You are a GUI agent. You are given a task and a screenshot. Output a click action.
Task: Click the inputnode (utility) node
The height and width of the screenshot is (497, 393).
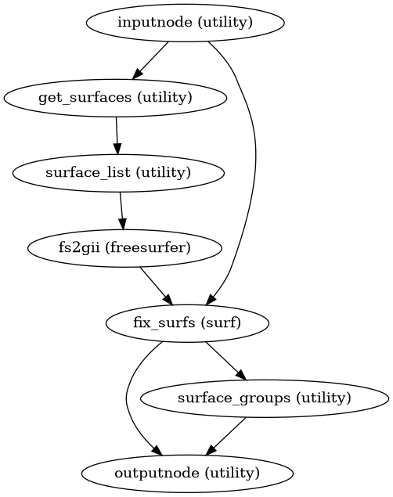[x=185, y=22]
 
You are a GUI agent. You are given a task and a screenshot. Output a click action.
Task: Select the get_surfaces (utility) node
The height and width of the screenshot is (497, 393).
[x=116, y=97]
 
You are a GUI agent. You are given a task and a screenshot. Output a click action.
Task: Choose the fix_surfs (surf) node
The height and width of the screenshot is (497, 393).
[x=187, y=322]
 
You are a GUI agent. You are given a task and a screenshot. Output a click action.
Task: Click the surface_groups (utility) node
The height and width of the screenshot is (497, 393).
[x=265, y=398]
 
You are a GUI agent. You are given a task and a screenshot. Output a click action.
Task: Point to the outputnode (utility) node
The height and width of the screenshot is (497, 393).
[x=187, y=473]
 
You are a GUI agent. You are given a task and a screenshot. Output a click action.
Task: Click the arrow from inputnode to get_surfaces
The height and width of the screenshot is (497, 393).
[x=150, y=59]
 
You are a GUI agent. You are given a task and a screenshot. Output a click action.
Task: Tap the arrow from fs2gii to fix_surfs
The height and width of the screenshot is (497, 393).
[x=156, y=285]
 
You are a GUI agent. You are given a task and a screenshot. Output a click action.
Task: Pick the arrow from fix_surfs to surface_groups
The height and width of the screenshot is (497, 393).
[x=226, y=360]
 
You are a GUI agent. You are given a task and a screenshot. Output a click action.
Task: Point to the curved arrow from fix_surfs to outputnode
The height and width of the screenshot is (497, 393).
[x=127, y=399]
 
